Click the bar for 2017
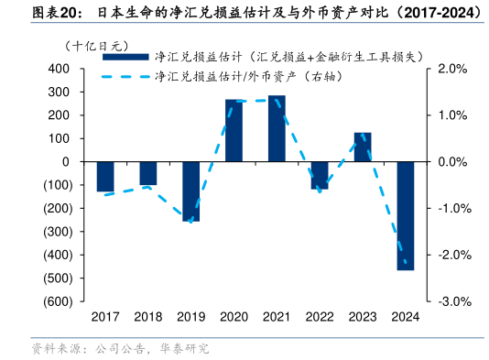[x=105, y=176]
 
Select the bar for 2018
[x=148, y=173]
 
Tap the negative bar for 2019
[x=190, y=191]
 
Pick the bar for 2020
[x=234, y=130]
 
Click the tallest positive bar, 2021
[x=277, y=128]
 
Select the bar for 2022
[x=320, y=175]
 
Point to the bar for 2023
[x=363, y=147]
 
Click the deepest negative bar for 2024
[x=405, y=215]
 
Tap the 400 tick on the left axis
[x=60, y=69]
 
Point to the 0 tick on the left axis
[x=67, y=161]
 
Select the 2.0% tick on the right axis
[x=454, y=69]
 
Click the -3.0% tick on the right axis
[x=453, y=301]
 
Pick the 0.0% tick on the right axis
[x=454, y=161]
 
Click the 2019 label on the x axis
[x=190, y=317]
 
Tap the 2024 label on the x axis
[x=405, y=317]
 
